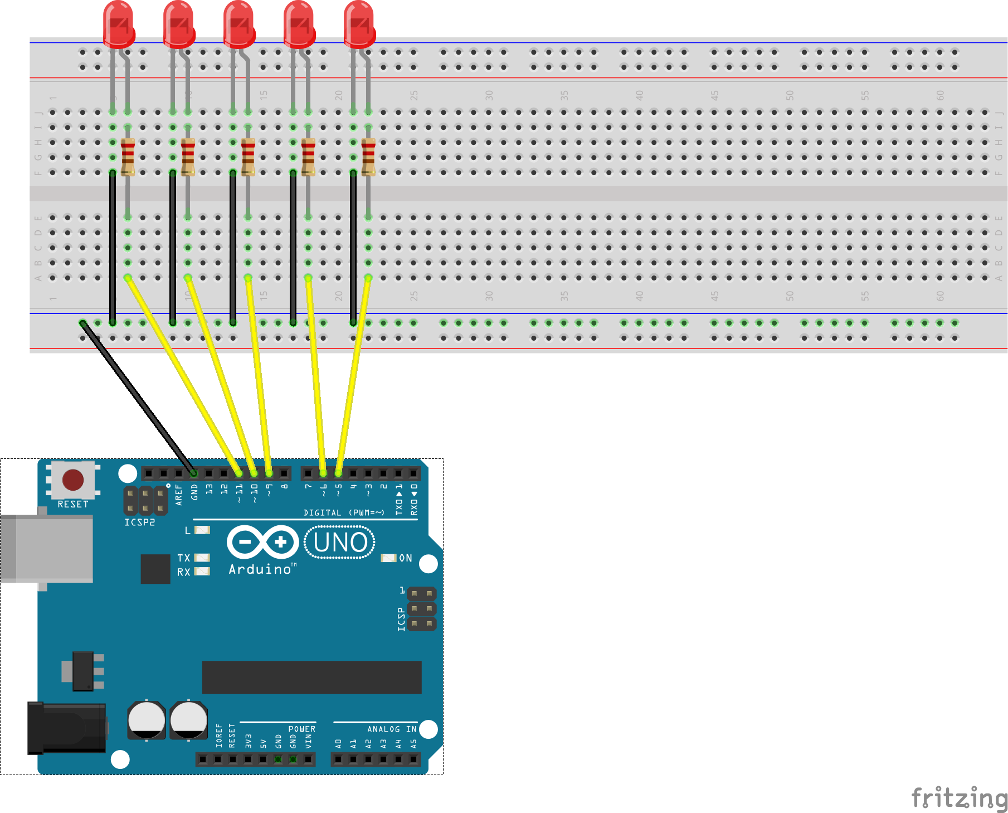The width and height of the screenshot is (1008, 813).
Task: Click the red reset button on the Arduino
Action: [73, 480]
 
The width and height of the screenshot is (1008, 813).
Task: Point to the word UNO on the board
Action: [340, 543]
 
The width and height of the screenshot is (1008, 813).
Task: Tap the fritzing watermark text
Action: [958, 797]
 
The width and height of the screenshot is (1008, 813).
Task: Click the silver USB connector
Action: [47, 549]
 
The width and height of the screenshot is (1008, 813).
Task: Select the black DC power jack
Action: [67, 728]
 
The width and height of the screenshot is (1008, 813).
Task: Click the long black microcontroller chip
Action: [311, 677]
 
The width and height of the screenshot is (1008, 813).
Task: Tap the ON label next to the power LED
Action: [406, 558]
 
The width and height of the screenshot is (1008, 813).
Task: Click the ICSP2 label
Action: [139, 522]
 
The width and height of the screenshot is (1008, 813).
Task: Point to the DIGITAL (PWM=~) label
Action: [344, 512]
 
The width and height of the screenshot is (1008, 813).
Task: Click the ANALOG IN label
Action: [392, 729]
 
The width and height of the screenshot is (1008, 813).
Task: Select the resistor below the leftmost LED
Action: [128, 157]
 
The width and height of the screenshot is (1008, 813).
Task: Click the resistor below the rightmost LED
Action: [368, 157]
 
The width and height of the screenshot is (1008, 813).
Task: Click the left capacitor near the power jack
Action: [146, 719]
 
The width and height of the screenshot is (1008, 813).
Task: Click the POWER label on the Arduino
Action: [301, 729]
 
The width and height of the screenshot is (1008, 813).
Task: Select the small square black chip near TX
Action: [155, 569]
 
